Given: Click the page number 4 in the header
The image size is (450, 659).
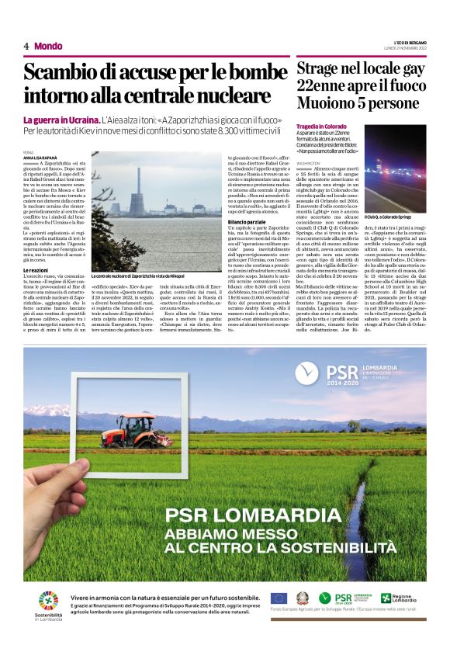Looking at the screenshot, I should tap(26, 46).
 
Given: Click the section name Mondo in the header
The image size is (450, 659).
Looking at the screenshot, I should tap(48, 46).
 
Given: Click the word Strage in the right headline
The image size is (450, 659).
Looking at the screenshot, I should tap(320, 68).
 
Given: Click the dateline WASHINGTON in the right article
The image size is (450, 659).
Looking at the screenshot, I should tap(308, 165).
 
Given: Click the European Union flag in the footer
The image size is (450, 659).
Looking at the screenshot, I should tap(279, 598).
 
